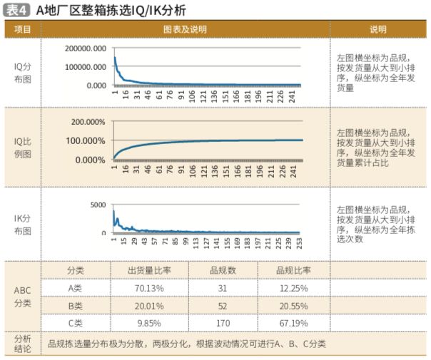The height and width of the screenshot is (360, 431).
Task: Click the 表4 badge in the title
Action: tap(18, 9)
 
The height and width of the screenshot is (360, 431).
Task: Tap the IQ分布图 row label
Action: tap(23, 73)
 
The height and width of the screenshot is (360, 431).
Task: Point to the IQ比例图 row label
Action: tap(23, 148)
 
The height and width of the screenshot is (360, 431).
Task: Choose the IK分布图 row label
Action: tap(23, 224)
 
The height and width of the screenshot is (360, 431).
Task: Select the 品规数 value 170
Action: tap(223, 323)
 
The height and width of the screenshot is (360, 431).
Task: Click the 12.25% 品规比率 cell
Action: tap(293, 288)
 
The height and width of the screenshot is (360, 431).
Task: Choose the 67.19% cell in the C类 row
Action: tap(293, 323)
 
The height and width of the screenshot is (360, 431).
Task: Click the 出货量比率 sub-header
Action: tap(148, 270)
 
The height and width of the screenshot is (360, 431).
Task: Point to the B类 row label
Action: tap(75, 305)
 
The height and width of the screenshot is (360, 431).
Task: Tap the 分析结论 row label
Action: tap(23, 344)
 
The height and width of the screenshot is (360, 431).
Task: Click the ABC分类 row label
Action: tap(23, 297)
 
